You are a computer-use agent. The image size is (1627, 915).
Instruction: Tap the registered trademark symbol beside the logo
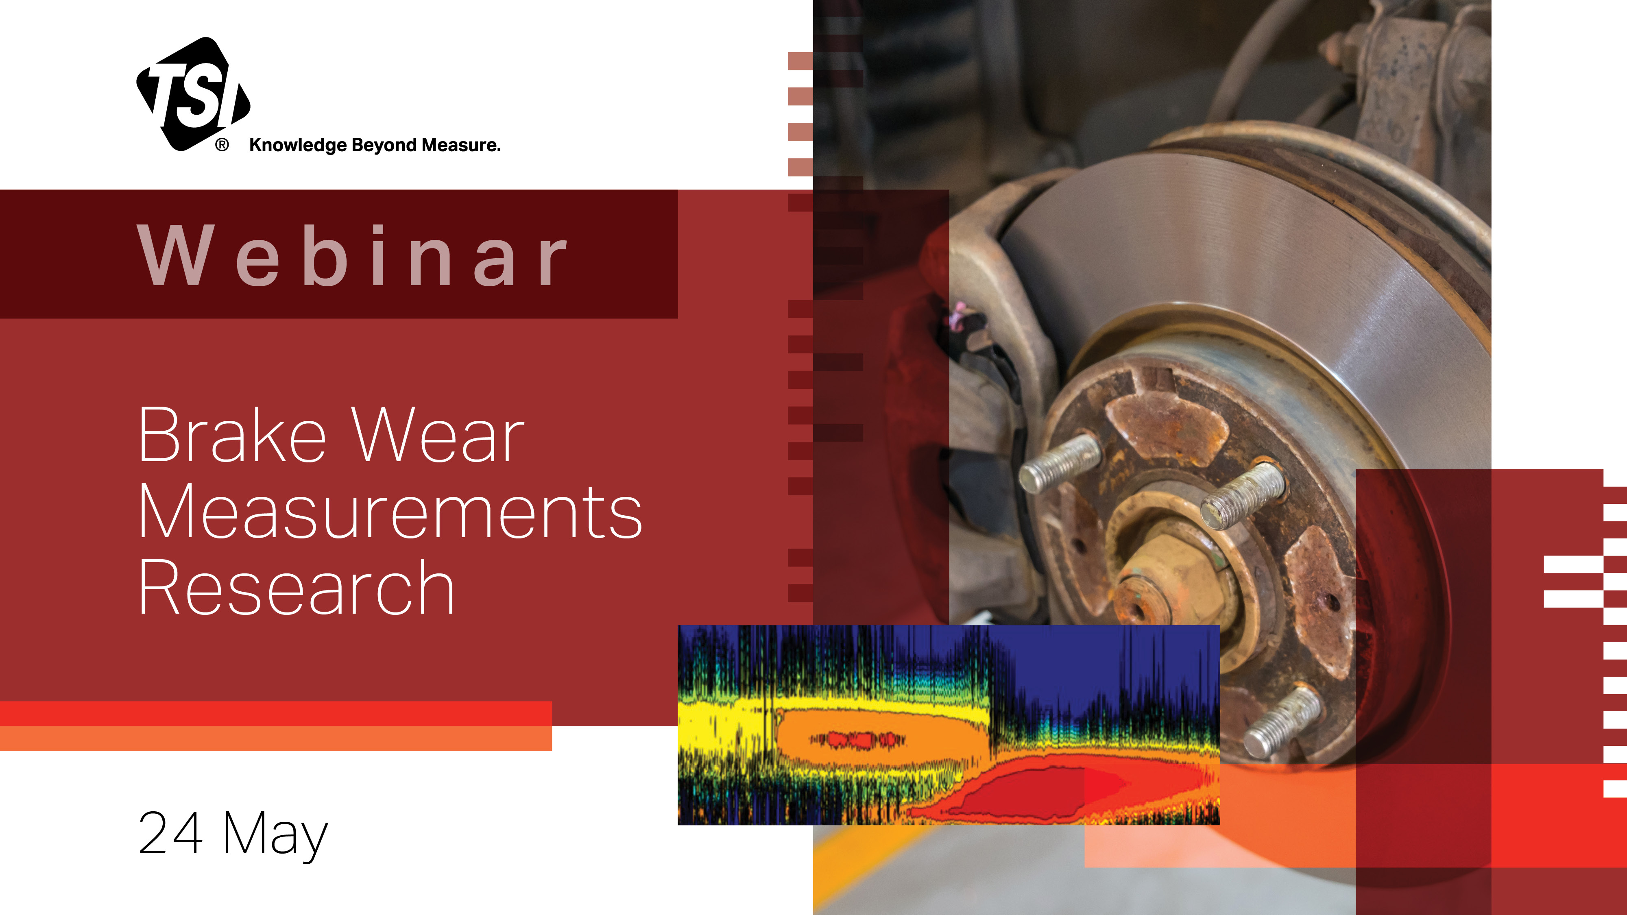tap(222, 145)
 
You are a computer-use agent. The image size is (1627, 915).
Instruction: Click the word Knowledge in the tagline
tap(298, 145)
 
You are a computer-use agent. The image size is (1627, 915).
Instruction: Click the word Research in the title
tap(296, 587)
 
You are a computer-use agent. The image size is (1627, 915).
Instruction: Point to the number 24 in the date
tap(170, 832)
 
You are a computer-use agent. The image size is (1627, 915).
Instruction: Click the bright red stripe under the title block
tap(276, 714)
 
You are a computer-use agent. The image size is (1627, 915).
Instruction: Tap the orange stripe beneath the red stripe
tap(276, 738)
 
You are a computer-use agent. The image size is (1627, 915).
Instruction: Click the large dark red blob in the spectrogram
tap(1036, 789)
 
